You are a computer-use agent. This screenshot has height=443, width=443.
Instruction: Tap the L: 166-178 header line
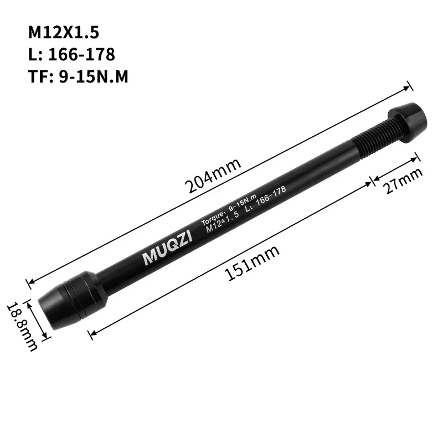[x=71, y=54]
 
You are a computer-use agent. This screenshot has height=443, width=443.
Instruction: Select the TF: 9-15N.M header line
[x=78, y=76]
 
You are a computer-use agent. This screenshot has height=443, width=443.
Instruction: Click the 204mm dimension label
[x=214, y=175]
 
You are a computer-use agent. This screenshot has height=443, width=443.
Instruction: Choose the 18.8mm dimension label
[x=22, y=327]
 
